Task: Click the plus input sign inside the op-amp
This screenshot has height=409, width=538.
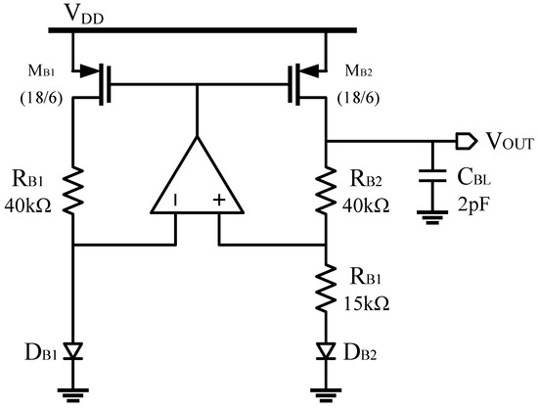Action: coord(218,203)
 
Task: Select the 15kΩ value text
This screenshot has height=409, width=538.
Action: coord(366,303)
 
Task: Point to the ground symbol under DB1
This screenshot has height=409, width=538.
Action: coord(73,390)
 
